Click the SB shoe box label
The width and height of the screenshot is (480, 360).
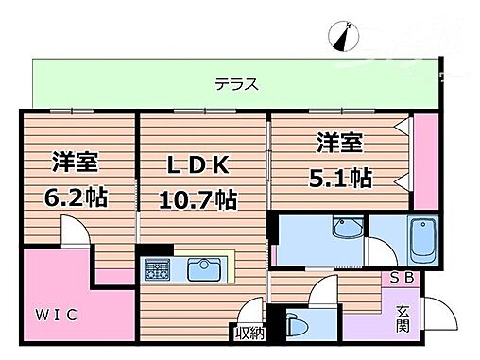tap(403, 278)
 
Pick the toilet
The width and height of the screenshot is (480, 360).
tap(295, 323)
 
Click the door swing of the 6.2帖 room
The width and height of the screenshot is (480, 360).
tap(72, 231)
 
